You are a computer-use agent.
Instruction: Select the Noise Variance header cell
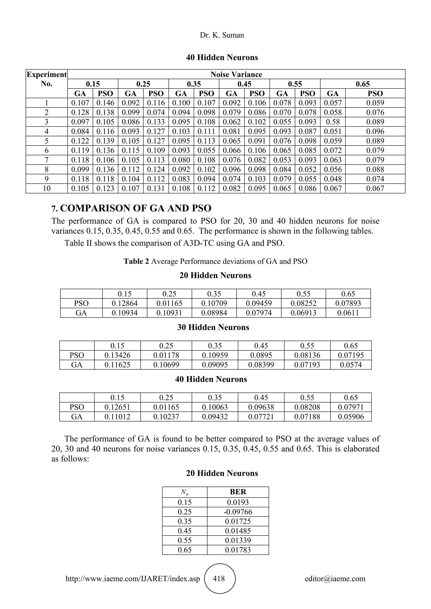click(x=236, y=74)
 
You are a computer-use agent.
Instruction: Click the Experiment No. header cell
click(x=47, y=79)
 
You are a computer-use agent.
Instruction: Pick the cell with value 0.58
click(x=333, y=122)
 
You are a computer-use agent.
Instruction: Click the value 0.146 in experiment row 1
click(x=105, y=103)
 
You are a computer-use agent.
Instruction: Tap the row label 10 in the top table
click(x=47, y=189)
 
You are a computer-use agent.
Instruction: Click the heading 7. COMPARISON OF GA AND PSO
click(x=132, y=208)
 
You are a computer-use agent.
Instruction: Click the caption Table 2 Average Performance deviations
click(x=215, y=262)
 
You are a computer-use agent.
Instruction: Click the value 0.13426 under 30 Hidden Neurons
click(x=117, y=355)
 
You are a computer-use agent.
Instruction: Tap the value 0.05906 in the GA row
click(x=351, y=417)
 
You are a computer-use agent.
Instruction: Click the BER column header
click(x=238, y=492)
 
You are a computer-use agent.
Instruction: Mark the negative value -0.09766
click(x=238, y=512)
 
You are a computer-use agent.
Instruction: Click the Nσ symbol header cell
click(x=185, y=492)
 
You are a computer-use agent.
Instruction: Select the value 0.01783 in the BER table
click(x=238, y=550)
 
